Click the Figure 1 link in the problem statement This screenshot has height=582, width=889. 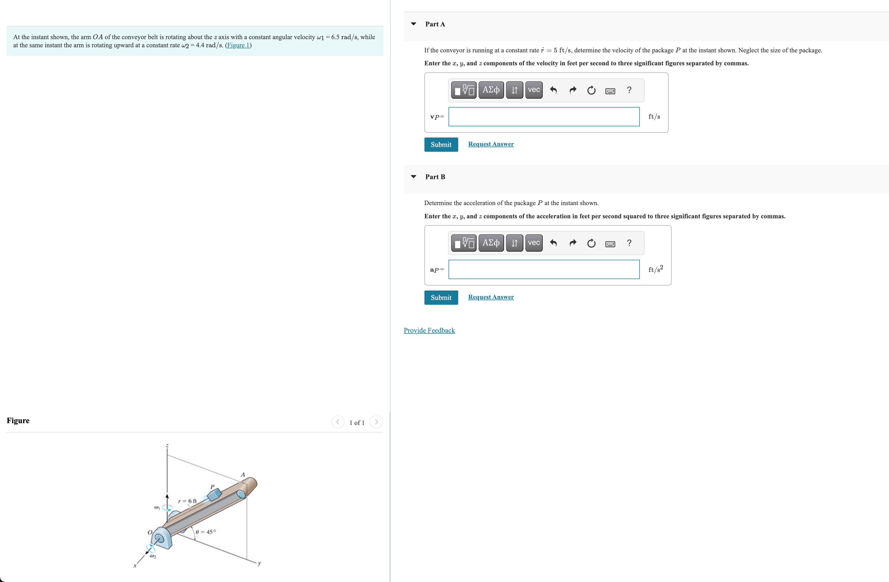pyautogui.click(x=238, y=45)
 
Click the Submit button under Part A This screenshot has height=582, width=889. pyautogui.click(x=441, y=144)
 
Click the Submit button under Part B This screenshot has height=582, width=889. pyautogui.click(x=441, y=298)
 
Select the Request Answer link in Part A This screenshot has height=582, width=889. pyautogui.click(x=491, y=144)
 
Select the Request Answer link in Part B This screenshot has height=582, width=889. pyautogui.click(x=491, y=297)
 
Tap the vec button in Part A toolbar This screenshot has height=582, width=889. pyautogui.click(x=534, y=90)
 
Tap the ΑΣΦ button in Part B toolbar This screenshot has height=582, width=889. pyautogui.click(x=491, y=243)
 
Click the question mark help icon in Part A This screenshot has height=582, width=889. pyautogui.click(x=629, y=90)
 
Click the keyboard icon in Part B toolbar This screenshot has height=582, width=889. pyautogui.click(x=610, y=244)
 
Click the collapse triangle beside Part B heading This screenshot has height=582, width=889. pyautogui.click(x=413, y=177)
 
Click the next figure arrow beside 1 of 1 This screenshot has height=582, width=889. pyautogui.click(x=376, y=422)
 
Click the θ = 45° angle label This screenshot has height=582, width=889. pyautogui.click(x=206, y=532)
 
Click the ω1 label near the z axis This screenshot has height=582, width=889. pyautogui.click(x=157, y=508)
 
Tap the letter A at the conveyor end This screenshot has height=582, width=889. pyautogui.click(x=242, y=475)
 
